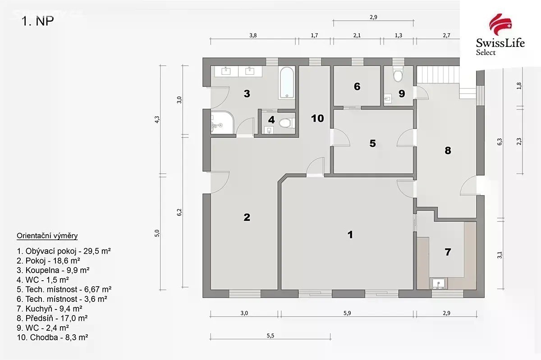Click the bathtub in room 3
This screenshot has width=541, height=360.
(287, 82)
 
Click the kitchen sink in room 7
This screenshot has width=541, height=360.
(439, 283)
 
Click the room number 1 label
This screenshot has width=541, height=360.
(350, 235)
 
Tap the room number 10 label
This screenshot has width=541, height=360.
(317, 118)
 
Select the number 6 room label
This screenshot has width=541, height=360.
(357, 87)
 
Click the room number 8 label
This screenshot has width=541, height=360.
(448, 150)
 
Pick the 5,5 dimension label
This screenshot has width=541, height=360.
(270, 336)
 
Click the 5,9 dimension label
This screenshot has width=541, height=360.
(347, 313)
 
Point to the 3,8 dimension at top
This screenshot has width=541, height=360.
(253, 36)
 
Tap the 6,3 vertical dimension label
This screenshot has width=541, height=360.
(500, 141)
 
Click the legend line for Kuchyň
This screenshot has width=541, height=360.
(50, 309)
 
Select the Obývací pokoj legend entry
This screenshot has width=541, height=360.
(64, 251)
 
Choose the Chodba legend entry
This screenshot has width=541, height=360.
(52, 337)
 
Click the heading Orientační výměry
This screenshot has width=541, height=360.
(47, 236)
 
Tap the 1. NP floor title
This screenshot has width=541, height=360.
(37, 21)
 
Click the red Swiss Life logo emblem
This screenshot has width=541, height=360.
(500, 24)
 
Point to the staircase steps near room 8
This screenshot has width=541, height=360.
(438, 75)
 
